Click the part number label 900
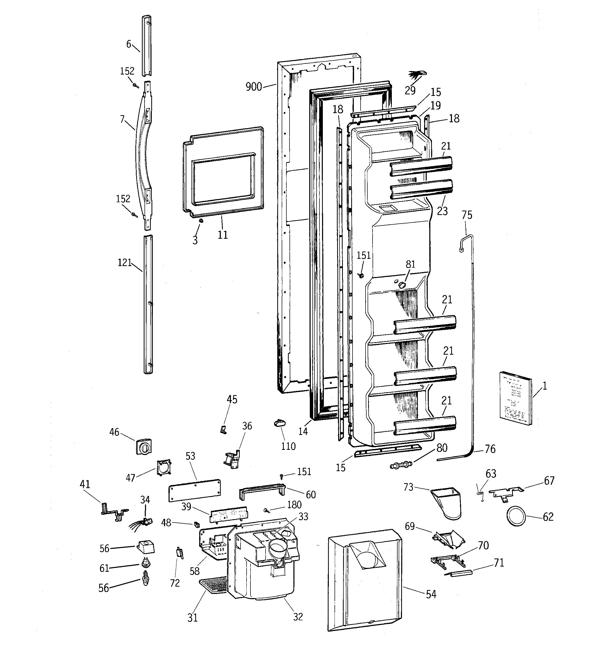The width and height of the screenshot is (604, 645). pyautogui.click(x=254, y=87)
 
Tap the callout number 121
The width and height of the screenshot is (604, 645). pyautogui.click(x=124, y=262)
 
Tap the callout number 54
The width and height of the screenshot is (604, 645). pyautogui.click(x=431, y=594)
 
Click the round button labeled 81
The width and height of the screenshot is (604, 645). pyautogui.click(x=402, y=285)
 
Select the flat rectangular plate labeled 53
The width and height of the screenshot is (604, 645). pyautogui.click(x=194, y=489)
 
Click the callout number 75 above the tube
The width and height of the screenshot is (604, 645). pyautogui.click(x=467, y=215)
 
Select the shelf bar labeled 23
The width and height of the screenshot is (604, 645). pyautogui.click(x=421, y=189)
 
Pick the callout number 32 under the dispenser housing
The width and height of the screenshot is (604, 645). pyautogui.click(x=298, y=616)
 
